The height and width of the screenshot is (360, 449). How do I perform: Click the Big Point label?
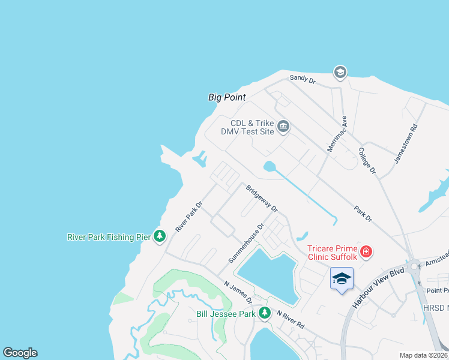(x=227, y=97)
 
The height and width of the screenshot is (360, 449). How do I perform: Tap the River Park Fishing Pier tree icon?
(x=160, y=236)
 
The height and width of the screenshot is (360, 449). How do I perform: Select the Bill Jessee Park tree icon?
(x=264, y=313)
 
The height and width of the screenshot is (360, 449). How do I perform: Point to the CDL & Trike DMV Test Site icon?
(x=283, y=127)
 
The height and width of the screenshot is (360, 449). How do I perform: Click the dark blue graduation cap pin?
(x=342, y=279)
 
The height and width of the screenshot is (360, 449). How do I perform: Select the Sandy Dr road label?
(x=303, y=78)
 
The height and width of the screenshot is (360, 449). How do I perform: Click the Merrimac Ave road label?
(x=337, y=133)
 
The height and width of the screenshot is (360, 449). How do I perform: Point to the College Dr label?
(x=367, y=161)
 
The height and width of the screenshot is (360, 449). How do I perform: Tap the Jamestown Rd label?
(x=406, y=144)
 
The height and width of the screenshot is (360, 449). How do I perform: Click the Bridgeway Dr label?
(x=261, y=198)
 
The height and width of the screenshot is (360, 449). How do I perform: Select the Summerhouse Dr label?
(x=246, y=243)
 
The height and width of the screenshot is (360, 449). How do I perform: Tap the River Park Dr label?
(x=189, y=217)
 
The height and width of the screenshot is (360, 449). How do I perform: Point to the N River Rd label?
(x=291, y=320)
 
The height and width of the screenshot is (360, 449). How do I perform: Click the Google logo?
(x=20, y=353)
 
